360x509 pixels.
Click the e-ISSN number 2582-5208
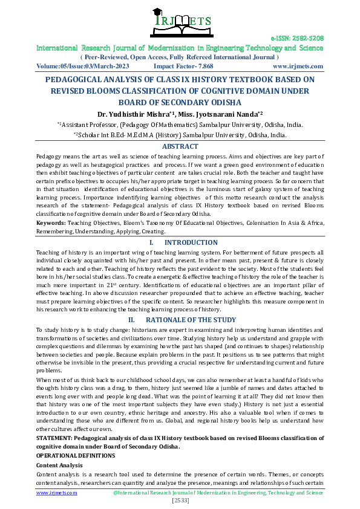point(296,38)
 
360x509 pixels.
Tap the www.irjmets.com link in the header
point(298,66)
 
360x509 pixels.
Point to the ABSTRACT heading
point(180,146)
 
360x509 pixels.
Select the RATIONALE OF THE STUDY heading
point(191,319)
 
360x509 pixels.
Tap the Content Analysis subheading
point(60,465)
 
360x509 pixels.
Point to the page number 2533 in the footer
point(180,501)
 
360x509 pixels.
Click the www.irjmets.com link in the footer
point(57,493)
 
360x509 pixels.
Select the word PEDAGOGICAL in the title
point(72,80)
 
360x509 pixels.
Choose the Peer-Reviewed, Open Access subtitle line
point(180,57)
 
